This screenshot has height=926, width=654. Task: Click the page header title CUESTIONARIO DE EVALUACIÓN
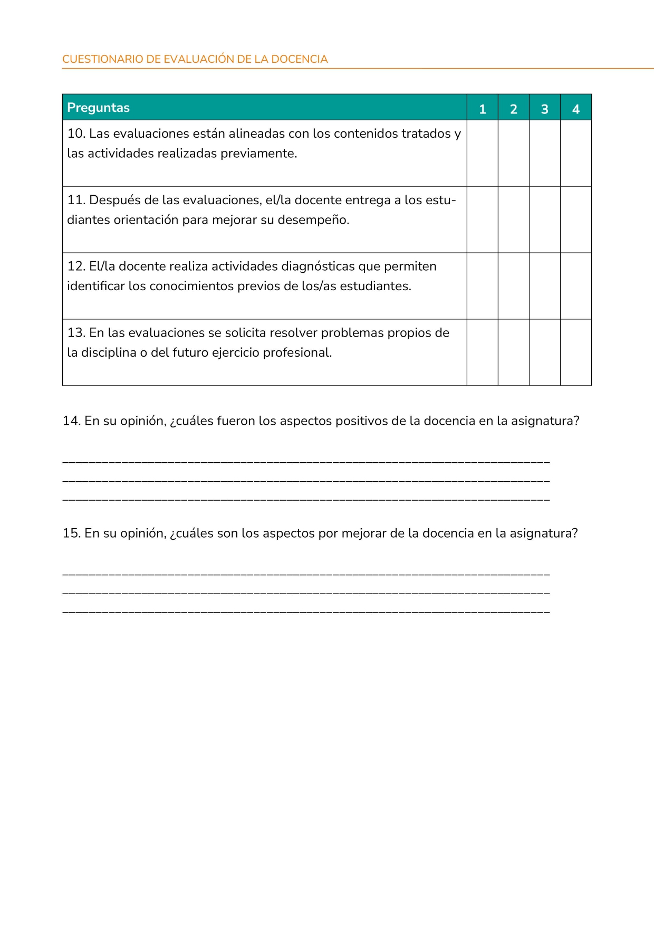pos(195,59)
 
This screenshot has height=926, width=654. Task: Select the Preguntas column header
pos(98,108)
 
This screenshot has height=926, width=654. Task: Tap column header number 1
pos(482,109)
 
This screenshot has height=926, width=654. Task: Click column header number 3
pos(544,109)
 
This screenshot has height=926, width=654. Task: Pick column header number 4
pos(575,109)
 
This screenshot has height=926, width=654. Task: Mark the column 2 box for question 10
pos(513,153)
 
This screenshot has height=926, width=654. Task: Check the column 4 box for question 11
pos(575,219)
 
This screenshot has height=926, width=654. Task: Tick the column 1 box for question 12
pos(482,286)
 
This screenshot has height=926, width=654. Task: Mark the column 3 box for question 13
pos(544,352)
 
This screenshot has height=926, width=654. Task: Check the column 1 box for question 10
pos(482,153)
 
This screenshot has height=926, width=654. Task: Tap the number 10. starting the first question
pos(76,133)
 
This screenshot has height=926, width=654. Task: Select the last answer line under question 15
pos(306,612)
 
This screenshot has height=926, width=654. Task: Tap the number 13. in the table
pos(76,333)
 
